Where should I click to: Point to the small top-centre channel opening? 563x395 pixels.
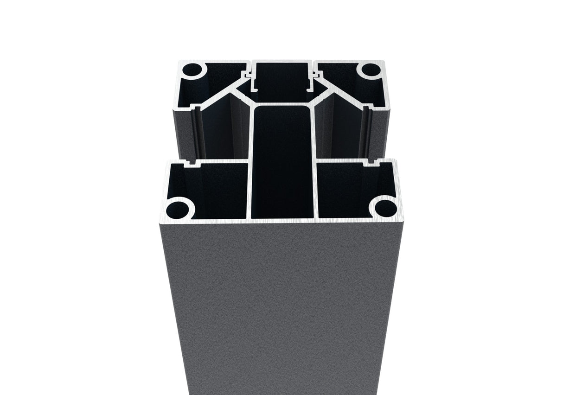click(281, 74)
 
